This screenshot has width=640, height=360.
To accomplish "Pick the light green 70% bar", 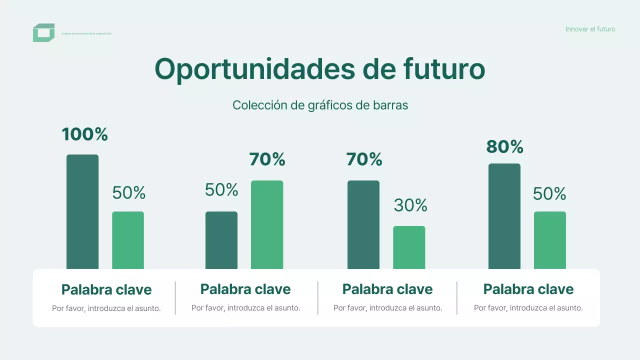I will pyautogui.click(x=267, y=224).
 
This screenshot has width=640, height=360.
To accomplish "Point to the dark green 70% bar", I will pyautogui.click(x=363, y=224).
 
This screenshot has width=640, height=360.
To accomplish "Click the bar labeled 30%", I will pyautogui.click(x=409, y=247).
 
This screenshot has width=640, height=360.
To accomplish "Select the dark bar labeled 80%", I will pyautogui.click(x=504, y=216).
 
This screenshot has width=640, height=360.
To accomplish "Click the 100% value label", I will pyautogui.click(x=85, y=134).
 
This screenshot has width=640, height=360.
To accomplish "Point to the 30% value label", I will pyautogui.click(x=410, y=205).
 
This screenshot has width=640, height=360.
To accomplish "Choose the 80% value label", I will pyautogui.click(x=504, y=147).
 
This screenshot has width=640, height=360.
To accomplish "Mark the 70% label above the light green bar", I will pyautogui.click(x=267, y=159).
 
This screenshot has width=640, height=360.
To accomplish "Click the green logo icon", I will pyautogui.click(x=43, y=32).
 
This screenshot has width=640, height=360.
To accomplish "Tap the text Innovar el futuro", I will pyautogui.click(x=590, y=29).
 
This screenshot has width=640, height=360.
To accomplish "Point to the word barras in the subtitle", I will pyautogui.click(x=390, y=105).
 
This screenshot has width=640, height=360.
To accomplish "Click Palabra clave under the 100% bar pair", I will pyautogui.click(x=106, y=289).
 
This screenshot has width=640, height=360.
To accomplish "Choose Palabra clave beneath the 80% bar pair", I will pyautogui.click(x=528, y=289).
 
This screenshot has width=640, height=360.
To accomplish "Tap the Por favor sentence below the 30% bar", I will pyautogui.click(x=387, y=308).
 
